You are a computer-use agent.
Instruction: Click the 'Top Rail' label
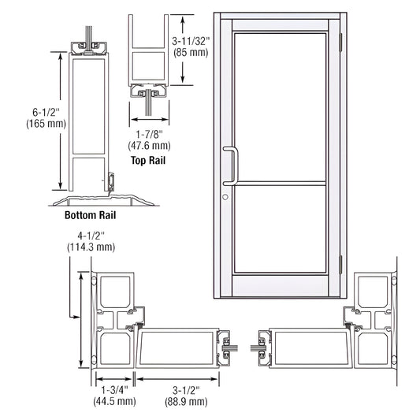pyautogui.click(x=149, y=160)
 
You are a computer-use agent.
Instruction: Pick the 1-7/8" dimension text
pyautogui.click(x=149, y=133)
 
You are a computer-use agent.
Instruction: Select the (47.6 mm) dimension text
pyautogui.click(x=149, y=145)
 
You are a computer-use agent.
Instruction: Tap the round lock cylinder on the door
pyautogui.click(x=225, y=197)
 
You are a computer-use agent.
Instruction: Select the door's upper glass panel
pyautogui.click(x=280, y=106)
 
